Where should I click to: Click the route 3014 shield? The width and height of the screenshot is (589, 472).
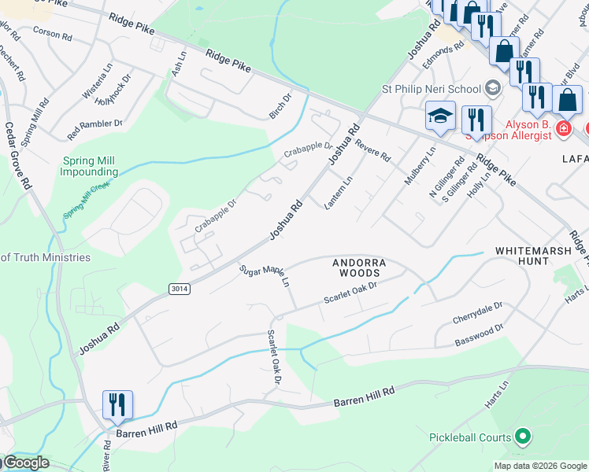point(179,289)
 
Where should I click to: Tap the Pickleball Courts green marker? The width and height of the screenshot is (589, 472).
point(520,437)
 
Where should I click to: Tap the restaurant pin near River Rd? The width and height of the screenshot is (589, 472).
point(117,405)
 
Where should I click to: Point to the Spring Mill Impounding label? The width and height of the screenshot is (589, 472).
point(90,166)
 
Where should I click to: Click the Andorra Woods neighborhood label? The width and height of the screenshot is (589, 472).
point(356,267)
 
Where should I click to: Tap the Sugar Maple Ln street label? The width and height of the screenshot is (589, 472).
point(265,275)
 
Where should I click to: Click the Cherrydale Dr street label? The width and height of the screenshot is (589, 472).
point(477,312)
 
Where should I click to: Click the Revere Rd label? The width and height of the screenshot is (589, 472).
point(372,149)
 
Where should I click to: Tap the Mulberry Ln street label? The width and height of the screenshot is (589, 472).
point(419,166)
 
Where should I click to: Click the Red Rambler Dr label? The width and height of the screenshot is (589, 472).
point(94,124)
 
